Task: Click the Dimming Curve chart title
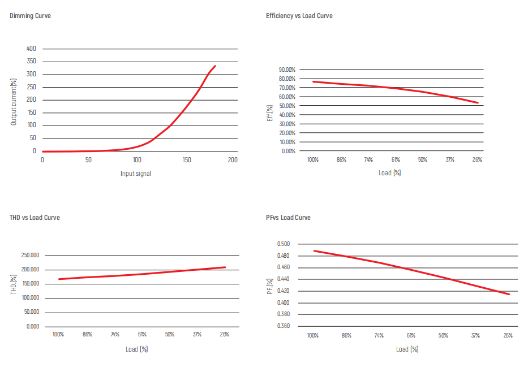click(30, 16)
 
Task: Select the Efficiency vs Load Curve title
click(299, 16)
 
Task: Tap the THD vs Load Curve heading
click(35, 218)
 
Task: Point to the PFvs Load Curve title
click(288, 218)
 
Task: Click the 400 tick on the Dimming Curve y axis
click(31, 49)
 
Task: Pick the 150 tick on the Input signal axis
click(187, 160)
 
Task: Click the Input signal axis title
click(136, 173)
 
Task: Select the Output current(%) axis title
click(14, 100)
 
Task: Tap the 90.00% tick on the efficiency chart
click(287, 70)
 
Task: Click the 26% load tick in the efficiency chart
click(477, 160)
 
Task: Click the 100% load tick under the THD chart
click(58, 335)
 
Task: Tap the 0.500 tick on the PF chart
click(283, 244)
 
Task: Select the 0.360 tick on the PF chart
click(283, 326)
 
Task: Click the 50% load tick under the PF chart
click(443, 336)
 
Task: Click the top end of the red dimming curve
click(215, 66)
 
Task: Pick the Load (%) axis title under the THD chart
click(136, 349)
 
